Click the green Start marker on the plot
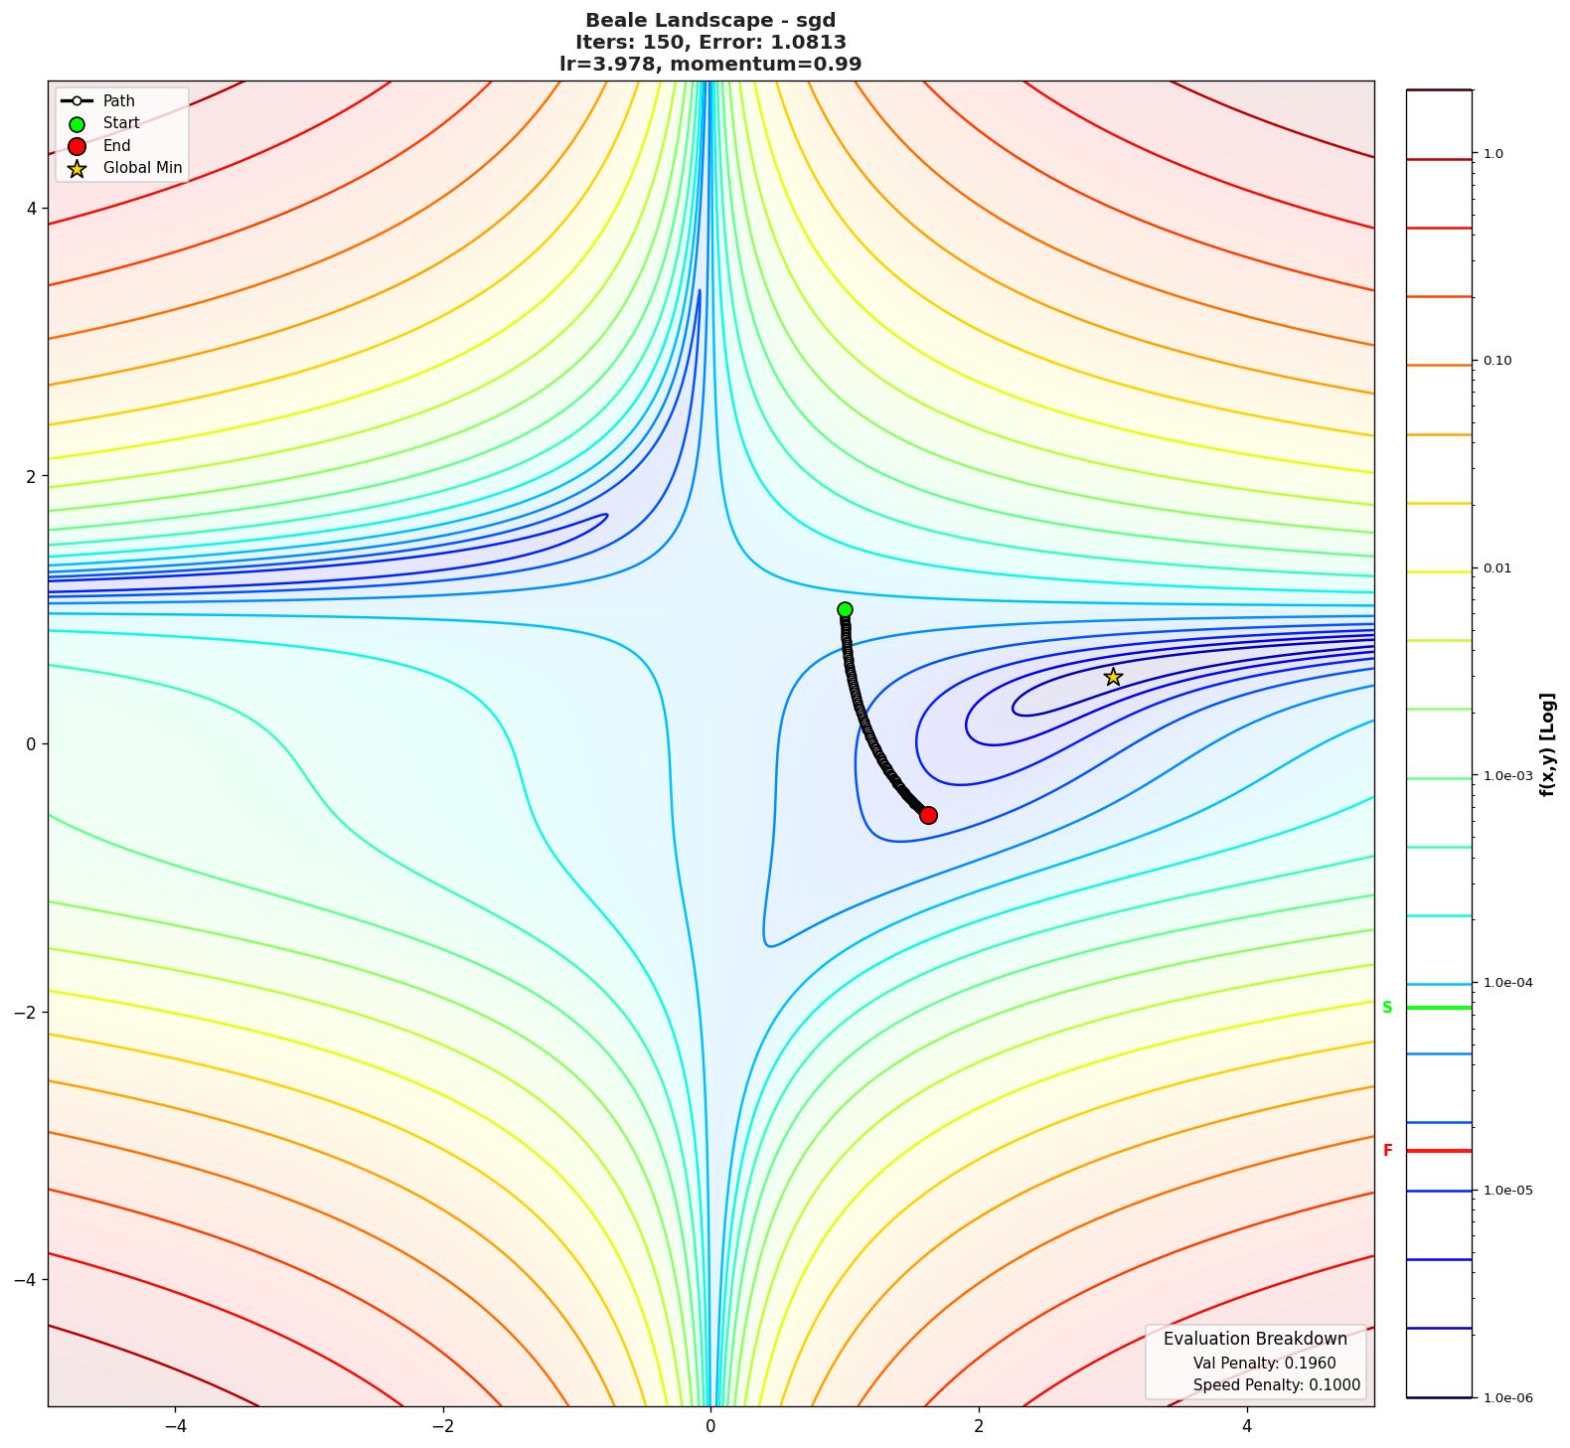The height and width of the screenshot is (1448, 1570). point(845,609)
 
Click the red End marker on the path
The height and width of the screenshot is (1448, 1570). point(928,815)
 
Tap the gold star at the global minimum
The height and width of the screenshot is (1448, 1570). point(1113,677)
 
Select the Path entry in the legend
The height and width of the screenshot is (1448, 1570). point(118,101)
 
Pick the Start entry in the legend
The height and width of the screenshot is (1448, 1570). point(121,123)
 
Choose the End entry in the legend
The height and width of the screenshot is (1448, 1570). point(116,146)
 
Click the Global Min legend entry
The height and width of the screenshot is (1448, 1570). point(142,168)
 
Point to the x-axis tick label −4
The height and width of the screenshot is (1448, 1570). point(175,1426)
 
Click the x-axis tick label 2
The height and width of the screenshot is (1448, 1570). point(979,1426)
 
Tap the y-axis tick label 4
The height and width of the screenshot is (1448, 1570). point(31,209)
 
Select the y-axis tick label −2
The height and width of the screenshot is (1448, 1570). point(26,1012)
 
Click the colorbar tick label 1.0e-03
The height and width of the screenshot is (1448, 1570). point(1507,776)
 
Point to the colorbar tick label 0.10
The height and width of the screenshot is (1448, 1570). point(1497,361)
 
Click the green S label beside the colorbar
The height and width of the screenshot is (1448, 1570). point(1387,1008)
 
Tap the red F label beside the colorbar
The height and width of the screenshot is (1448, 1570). point(1388,1151)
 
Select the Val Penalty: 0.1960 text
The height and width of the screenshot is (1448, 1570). point(1264,1364)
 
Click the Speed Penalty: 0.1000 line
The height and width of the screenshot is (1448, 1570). point(1276,1385)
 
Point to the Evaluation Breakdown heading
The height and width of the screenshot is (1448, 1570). point(1255,1339)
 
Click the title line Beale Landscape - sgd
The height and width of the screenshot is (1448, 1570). point(709,20)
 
